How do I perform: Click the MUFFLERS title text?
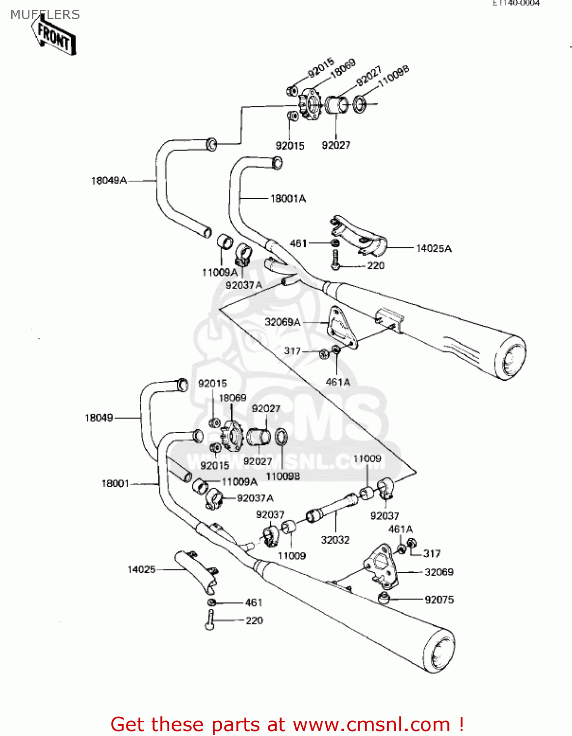[x=45, y=15]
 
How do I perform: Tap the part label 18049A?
[x=109, y=181]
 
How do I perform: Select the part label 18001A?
[x=288, y=198]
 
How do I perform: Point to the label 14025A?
[x=434, y=248]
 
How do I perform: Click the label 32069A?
[x=283, y=322]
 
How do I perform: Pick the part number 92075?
[x=439, y=599]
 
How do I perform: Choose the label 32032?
[x=335, y=540]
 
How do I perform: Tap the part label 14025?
[x=141, y=569]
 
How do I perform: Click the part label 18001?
[x=115, y=483]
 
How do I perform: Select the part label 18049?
[x=99, y=418]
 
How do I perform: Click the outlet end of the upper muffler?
[x=511, y=357]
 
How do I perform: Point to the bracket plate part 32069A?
[x=342, y=326]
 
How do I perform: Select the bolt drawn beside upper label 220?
[x=335, y=259]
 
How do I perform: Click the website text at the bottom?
[x=287, y=724]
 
